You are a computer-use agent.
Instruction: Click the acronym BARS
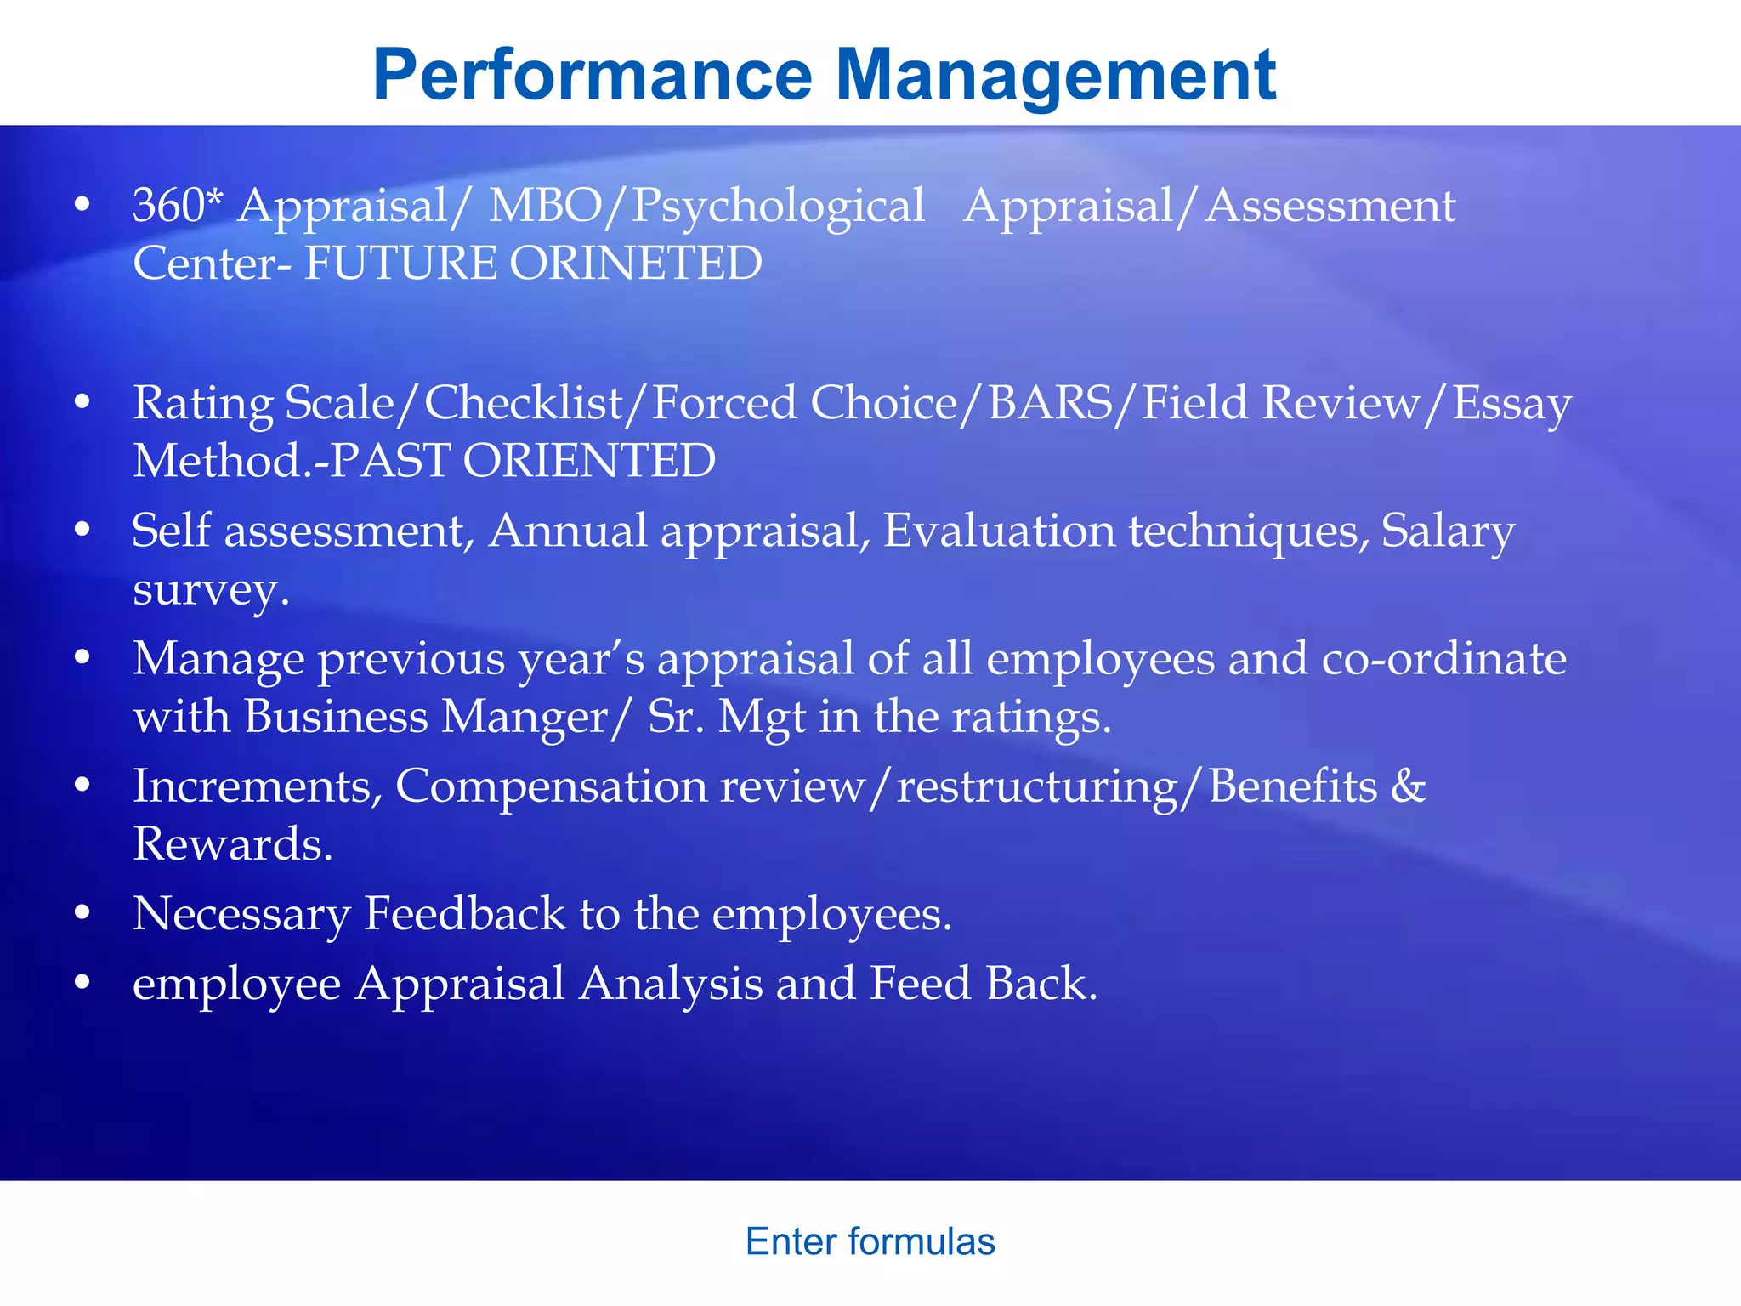1051,403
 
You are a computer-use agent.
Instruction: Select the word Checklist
523,403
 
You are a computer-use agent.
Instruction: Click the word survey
209,589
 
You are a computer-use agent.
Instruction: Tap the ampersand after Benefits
1408,786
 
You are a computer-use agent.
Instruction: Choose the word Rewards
232,844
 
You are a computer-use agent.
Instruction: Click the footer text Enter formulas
870,1241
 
